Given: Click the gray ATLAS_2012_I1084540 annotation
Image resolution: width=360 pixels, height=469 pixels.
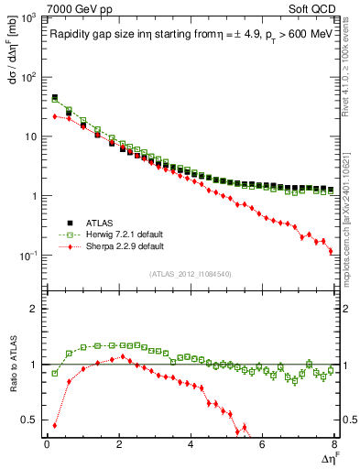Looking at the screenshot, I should click(x=190, y=274).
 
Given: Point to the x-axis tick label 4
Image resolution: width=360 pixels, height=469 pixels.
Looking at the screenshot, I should click(x=191, y=444).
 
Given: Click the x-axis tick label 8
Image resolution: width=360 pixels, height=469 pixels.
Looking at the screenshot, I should click(x=334, y=444).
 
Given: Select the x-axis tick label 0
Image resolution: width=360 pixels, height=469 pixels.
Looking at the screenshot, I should click(x=47, y=444).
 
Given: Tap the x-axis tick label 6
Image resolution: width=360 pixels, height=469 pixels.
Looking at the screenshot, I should click(x=262, y=444).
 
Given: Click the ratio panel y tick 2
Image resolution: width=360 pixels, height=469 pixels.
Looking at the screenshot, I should click(x=34, y=309).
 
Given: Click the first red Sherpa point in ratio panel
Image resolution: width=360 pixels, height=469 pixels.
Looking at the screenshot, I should click(x=54, y=425).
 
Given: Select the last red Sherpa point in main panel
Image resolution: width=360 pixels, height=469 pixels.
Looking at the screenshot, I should click(x=331, y=251).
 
